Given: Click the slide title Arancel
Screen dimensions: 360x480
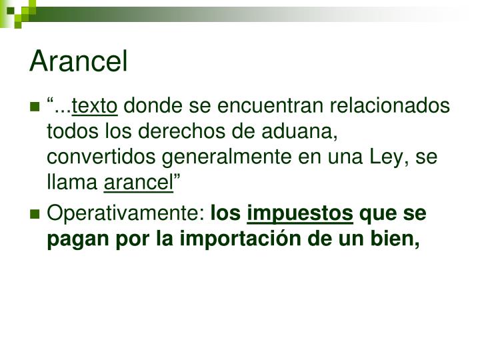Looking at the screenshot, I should click(x=79, y=61).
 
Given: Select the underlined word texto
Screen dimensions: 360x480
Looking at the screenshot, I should click(x=95, y=106).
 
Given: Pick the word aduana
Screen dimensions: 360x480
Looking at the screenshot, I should click(x=303, y=131).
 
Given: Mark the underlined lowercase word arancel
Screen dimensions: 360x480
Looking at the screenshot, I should click(x=139, y=181).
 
